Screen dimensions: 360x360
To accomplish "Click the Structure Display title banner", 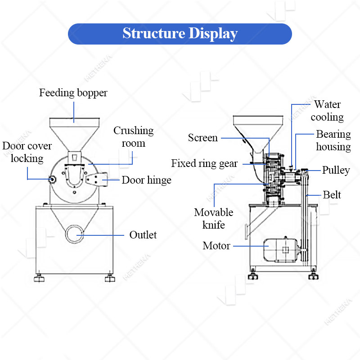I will (x=180, y=34).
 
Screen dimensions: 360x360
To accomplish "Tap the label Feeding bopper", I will (x=73, y=93).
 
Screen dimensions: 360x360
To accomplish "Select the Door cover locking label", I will (x=27, y=152).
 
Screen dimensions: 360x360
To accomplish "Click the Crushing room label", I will (x=133, y=137).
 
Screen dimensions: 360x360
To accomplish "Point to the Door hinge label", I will (x=146, y=180).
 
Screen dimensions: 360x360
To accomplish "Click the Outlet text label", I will (x=143, y=235).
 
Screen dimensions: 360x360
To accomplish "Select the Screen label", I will (x=203, y=138).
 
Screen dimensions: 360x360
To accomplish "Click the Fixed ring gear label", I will (x=204, y=163).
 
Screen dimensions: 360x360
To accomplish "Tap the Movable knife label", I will (x=214, y=218).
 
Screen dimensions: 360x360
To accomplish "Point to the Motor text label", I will (x=216, y=246).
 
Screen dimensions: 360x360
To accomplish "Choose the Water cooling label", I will (x=327, y=111).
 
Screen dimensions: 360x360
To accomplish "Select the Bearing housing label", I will (x=333, y=140).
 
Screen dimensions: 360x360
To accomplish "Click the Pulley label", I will (x=336, y=171).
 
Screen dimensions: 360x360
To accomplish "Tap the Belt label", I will (x=332, y=195).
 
